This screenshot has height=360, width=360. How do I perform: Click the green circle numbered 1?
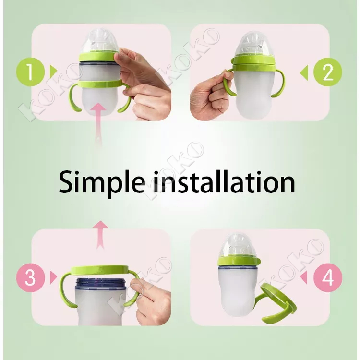30,72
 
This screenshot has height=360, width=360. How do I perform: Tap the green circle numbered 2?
328,72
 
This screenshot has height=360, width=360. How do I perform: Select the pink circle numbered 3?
30,277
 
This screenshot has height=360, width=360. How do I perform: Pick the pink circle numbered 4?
328,277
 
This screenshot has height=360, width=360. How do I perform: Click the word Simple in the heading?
102,182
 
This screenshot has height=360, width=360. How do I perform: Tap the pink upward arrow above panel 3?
100,235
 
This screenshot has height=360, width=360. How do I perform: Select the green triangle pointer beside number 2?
304,72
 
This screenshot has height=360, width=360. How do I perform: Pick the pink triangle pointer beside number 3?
53,277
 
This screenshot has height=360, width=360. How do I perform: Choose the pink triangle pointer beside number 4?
304,277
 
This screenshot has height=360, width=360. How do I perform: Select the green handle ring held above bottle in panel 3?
99,269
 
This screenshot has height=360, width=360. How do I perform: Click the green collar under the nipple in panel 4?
239,261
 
